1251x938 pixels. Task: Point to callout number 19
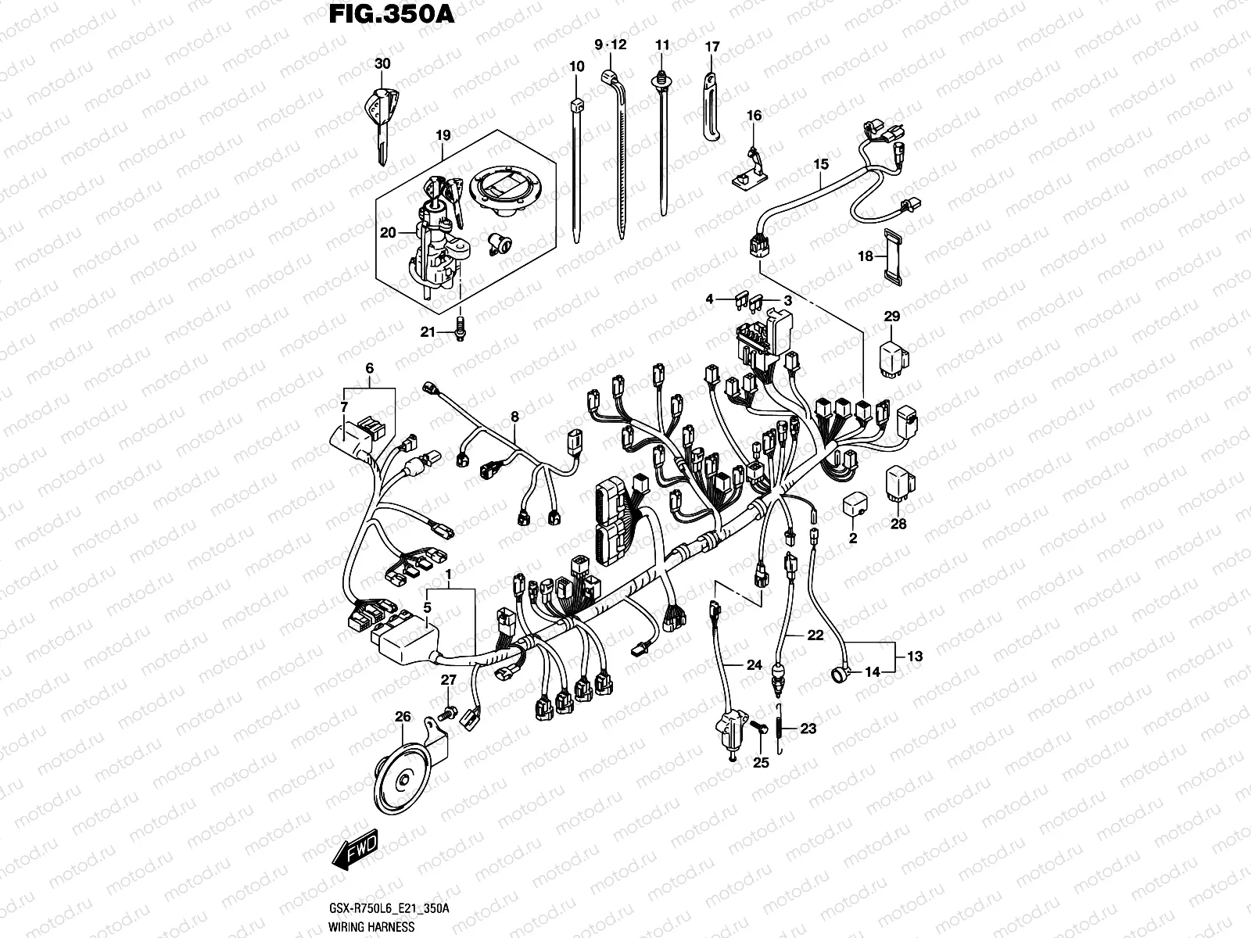point(443,135)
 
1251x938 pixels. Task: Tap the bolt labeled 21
point(461,330)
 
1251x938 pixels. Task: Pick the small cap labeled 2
point(855,507)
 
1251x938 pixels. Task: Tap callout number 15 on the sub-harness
point(820,164)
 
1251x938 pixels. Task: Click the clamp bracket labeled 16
point(749,170)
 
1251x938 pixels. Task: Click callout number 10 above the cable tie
point(576,67)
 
